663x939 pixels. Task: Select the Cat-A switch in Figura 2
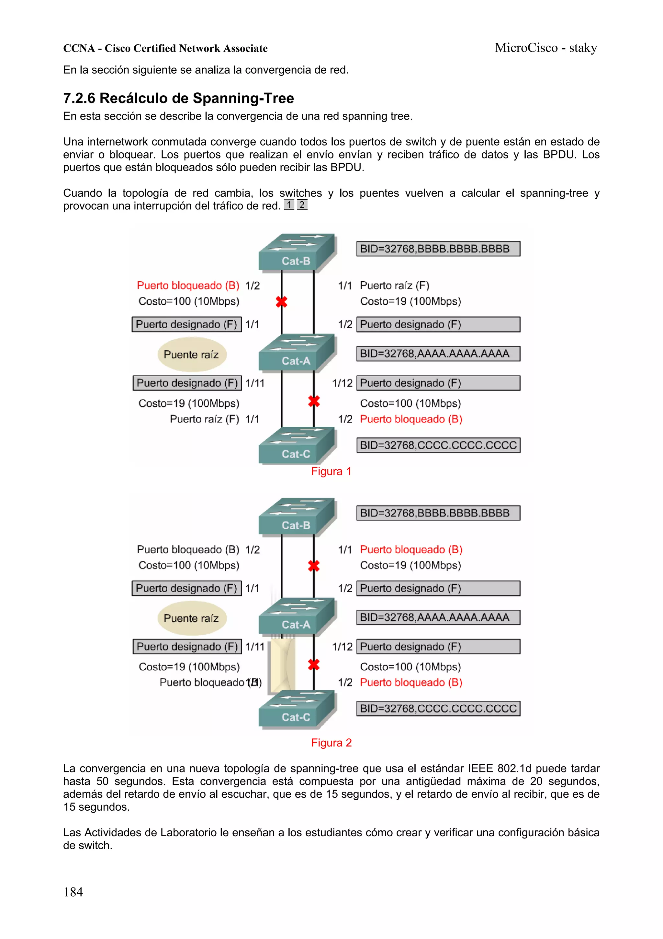(x=297, y=616)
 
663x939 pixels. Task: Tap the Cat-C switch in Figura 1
(x=297, y=445)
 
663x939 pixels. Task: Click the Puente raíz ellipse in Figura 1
(x=192, y=354)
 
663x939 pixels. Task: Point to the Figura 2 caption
(x=331, y=742)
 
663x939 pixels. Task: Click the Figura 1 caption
(x=331, y=471)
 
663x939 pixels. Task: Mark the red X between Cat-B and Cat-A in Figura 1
(x=281, y=302)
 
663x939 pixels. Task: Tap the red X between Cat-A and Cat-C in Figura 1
(x=314, y=401)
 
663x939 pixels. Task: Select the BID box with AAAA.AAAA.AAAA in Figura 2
(x=438, y=617)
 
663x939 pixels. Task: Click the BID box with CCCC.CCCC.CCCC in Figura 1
(x=438, y=445)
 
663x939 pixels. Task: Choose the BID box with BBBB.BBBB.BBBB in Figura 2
(x=438, y=513)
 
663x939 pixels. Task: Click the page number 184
(x=73, y=892)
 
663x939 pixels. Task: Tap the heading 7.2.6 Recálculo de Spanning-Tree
(x=178, y=98)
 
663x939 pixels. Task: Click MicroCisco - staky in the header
(x=545, y=48)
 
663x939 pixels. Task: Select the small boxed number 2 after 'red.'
(x=302, y=205)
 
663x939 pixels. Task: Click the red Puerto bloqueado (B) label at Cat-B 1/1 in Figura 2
(x=411, y=549)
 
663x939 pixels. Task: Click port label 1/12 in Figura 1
(x=342, y=383)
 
